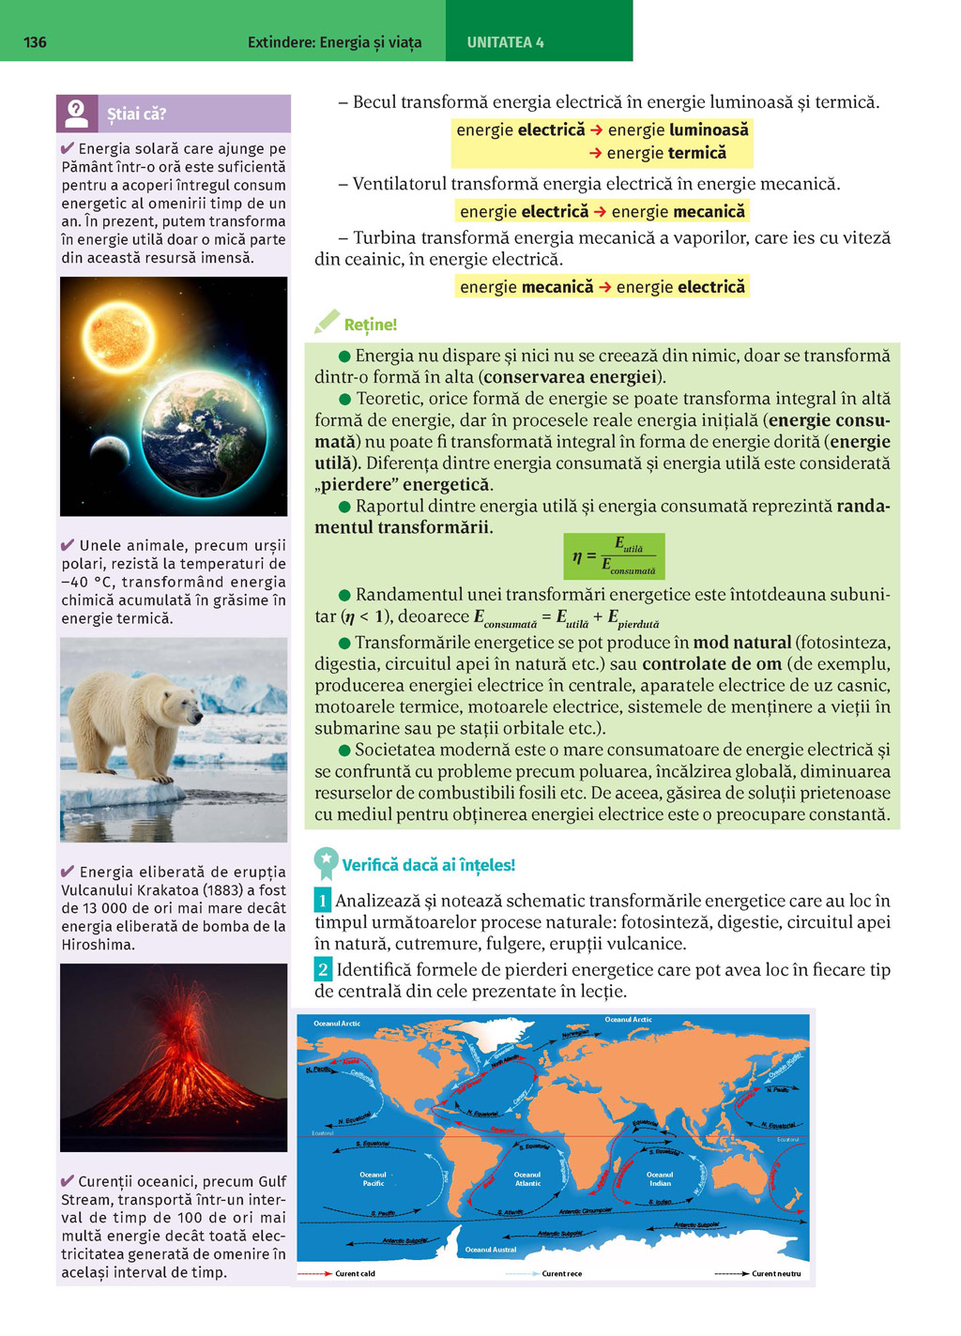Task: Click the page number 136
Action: click(35, 42)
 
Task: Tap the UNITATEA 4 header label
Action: click(505, 42)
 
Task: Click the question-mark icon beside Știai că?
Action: click(76, 114)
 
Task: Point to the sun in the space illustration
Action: click(118, 337)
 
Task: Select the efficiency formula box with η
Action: click(614, 556)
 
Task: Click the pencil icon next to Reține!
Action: click(327, 322)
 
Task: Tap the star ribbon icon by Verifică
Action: click(326, 862)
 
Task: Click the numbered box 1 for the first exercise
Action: click(323, 901)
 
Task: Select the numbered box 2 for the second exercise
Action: click(323, 969)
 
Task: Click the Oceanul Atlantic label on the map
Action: click(527, 1178)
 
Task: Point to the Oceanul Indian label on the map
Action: click(660, 1178)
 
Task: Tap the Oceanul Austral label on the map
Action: click(491, 1249)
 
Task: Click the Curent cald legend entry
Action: click(355, 1273)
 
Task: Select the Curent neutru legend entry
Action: click(775, 1273)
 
